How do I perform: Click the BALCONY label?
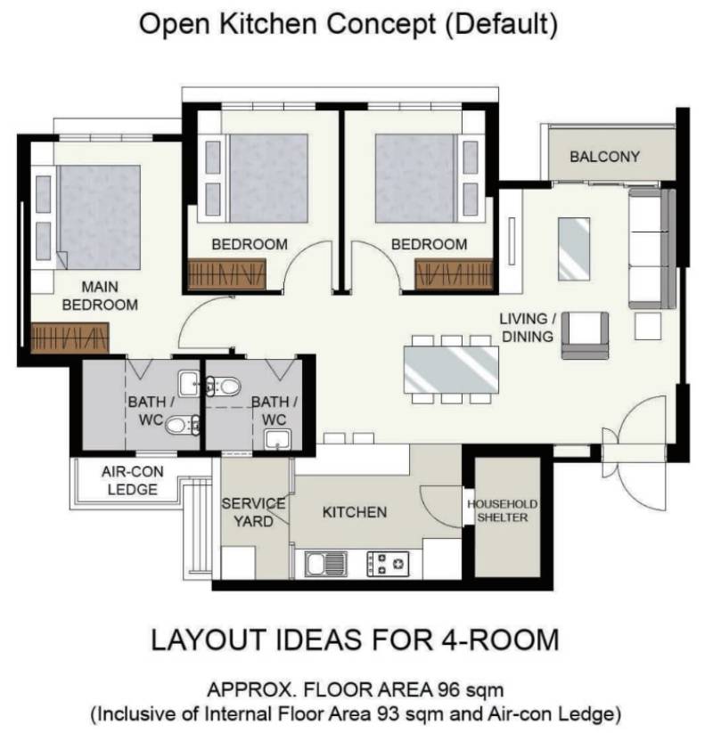tap(604, 156)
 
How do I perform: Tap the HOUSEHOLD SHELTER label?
tap(503, 511)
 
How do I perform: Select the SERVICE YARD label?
tap(253, 512)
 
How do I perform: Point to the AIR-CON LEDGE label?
tap(133, 481)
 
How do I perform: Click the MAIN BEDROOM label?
tap(100, 296)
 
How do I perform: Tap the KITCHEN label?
tap(355, 512)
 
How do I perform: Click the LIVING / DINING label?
tap(528, 327)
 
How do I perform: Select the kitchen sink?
tap(326, 564)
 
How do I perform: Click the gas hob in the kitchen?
tap(388, 564)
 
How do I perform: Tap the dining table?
tap(452, 370)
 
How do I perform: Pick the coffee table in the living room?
tap(574, 248)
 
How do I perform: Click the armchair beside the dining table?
tap(586, 336)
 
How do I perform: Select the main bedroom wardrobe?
tap(70, 338)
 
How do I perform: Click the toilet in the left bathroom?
tap(182, 425)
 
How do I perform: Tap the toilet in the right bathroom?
tap(224, 387)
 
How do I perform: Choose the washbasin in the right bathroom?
tap(278, 440)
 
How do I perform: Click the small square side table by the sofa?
tap(648, 326)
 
